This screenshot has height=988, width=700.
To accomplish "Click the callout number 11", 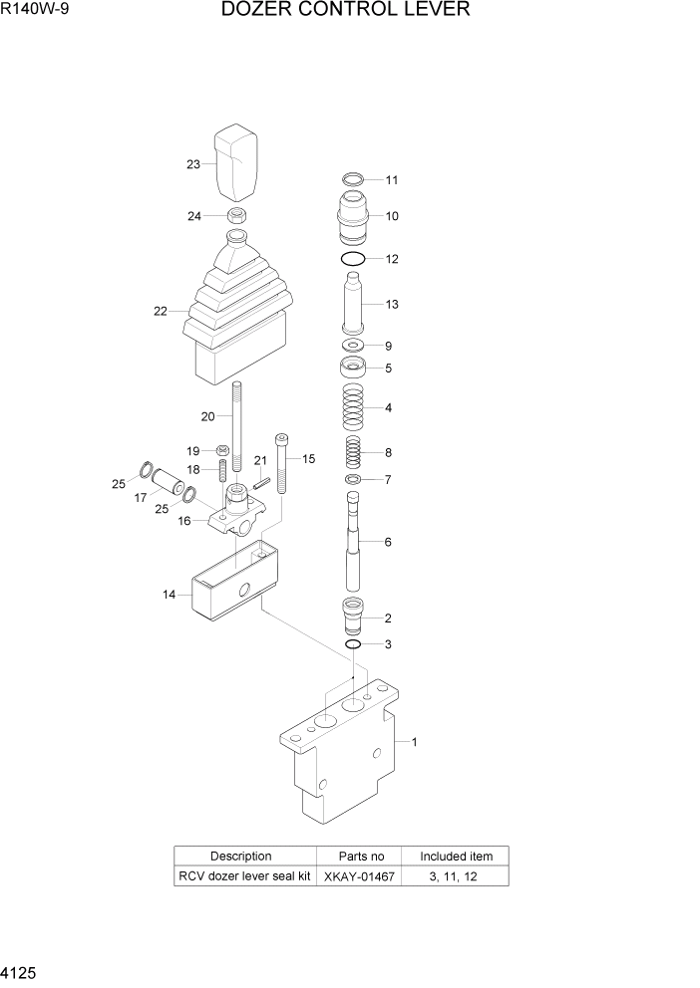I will (x=392, y=180).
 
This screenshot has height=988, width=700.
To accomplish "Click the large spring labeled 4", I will (x=352, y=406).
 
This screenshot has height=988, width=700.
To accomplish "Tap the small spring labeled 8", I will (x=353, y=452).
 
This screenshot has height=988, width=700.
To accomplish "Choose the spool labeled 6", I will (x=353, y=543).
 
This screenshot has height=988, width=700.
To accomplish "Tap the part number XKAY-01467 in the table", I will (x=358, y=876).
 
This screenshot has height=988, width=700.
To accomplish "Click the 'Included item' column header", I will (x=455, y=856).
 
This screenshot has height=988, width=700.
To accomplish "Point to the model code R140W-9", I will (x=37, y=11).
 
